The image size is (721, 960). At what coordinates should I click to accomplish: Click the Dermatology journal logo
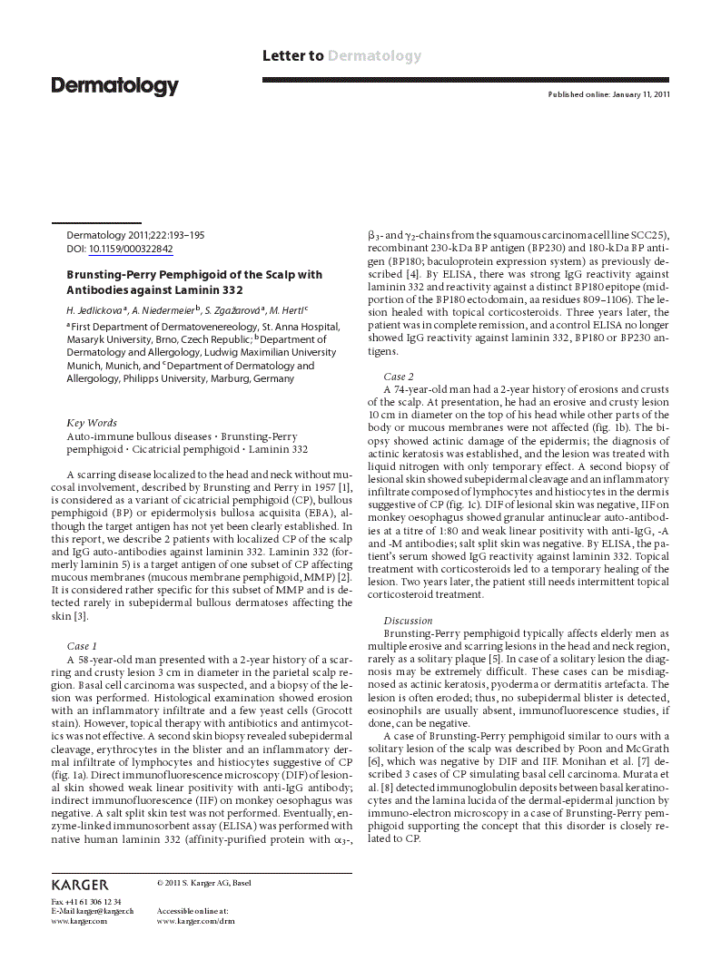(x=114, y=86)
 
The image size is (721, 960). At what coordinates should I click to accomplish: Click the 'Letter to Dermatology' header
(x=341, y=56)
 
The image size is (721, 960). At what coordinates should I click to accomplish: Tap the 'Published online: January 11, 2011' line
(x=608, y=94)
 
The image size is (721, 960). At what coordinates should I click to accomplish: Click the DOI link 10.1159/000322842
(x=131, y=248)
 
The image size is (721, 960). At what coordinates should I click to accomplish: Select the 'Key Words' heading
(x=92, y=423)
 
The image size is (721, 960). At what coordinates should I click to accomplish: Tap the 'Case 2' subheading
(x=399, y=376)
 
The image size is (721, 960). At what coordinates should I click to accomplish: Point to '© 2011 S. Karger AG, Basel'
(x=204, y=882)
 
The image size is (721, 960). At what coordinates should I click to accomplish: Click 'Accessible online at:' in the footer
(x=193, y=910)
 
